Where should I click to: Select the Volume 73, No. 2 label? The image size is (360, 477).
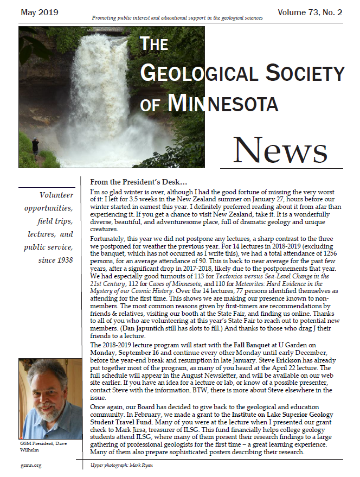(x=310, y=12)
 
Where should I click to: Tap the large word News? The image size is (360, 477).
(x=288, y=148)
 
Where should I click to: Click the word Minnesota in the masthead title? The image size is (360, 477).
(x=232, y=103)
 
